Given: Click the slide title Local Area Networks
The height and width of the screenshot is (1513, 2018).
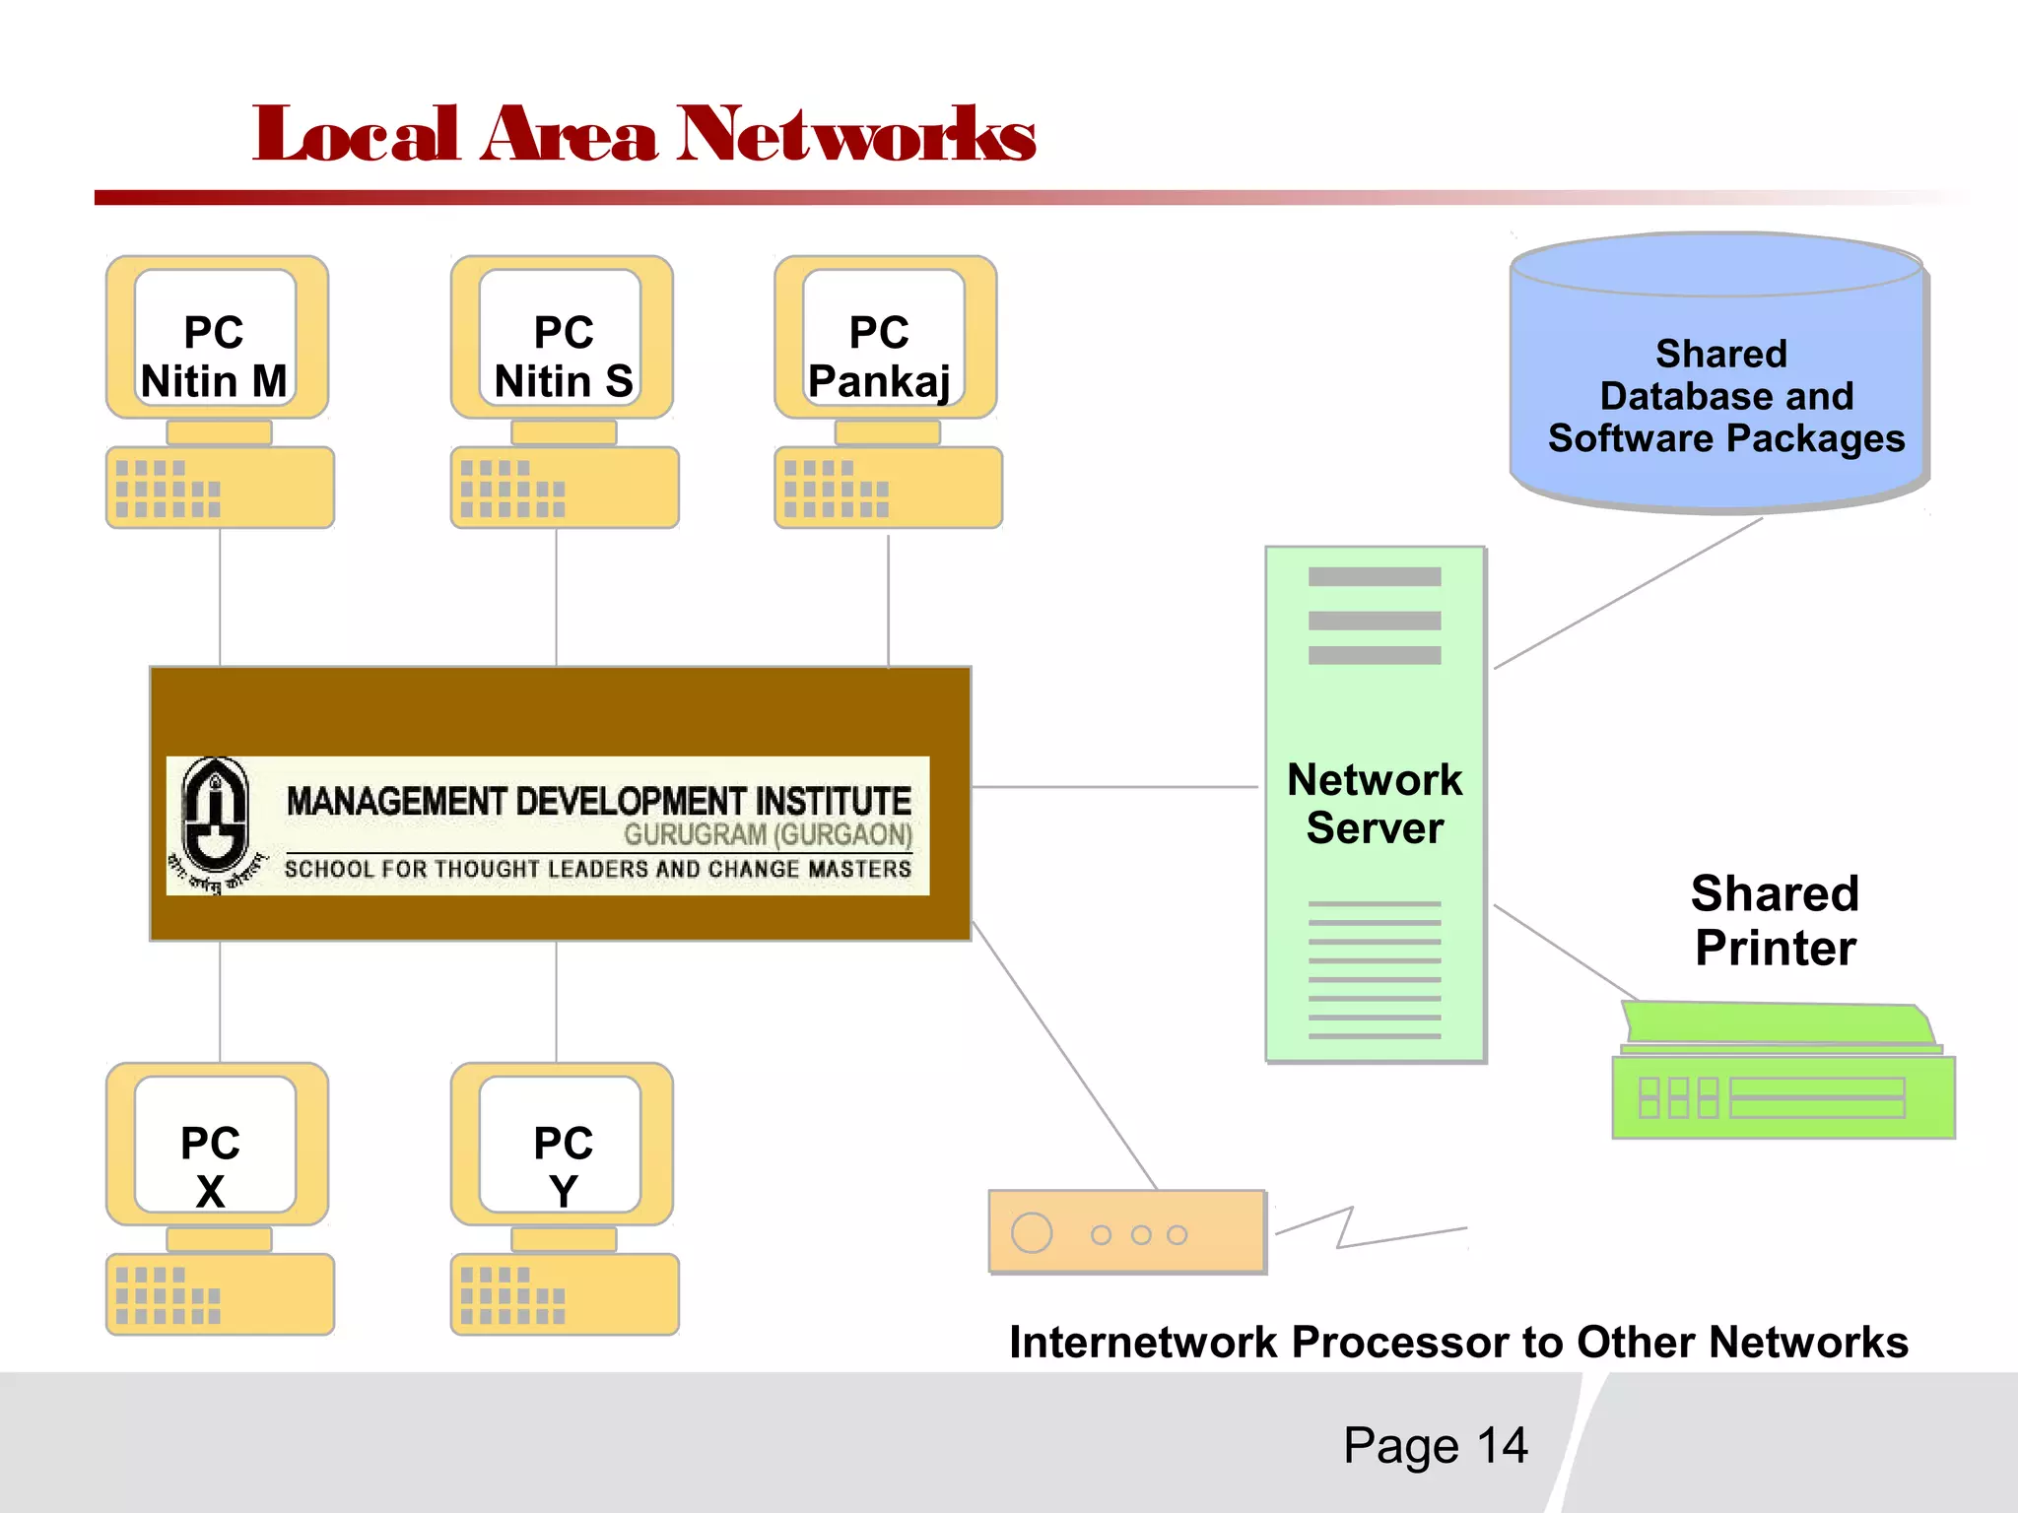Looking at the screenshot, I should pos(642,135).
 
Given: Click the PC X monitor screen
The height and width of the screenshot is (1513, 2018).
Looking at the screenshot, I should pos(215,1145).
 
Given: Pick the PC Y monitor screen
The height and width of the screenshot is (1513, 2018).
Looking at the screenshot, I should pos(561,1145).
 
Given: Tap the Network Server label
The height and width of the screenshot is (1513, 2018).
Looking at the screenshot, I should pos(1375,803).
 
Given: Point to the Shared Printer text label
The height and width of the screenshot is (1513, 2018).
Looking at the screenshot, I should pos(1775,920).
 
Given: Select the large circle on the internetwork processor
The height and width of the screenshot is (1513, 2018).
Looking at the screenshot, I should pos(1032,1232).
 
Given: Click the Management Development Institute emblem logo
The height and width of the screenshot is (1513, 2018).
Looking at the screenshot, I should pos(215,822).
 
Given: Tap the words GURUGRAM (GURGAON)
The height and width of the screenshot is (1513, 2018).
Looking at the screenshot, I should pos(768,834).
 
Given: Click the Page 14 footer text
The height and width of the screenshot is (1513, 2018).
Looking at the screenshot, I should pos(1435,1445).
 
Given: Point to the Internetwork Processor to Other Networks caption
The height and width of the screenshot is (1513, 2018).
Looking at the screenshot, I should pos(1458,1342).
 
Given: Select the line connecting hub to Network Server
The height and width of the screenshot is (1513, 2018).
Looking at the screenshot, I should pos(1113,787).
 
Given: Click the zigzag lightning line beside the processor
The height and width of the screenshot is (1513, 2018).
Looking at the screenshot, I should pos(1360,1231).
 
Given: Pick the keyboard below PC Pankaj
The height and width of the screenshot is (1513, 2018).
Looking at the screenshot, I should pos(888,488).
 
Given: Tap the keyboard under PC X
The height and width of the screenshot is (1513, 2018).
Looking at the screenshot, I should pos(220,1294).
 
